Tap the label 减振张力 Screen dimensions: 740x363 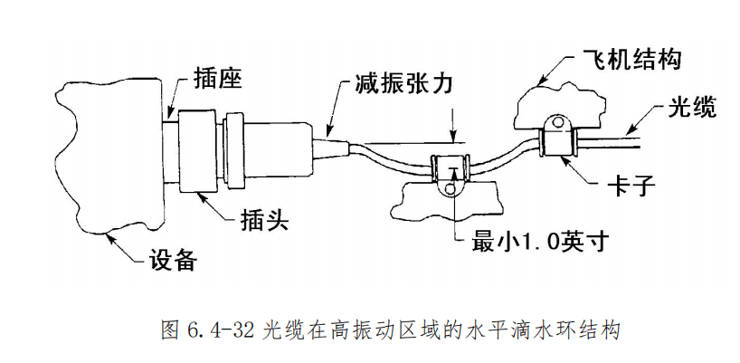(x=403, y=84)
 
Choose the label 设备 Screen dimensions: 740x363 (x=172, y=259)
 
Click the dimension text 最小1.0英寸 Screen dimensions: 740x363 (x=538, y=243)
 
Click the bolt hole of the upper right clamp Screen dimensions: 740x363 (x=558, y=123)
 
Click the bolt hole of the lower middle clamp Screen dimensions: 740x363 (x=451, y=189)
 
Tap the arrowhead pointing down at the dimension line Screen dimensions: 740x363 (x=453, y=138)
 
